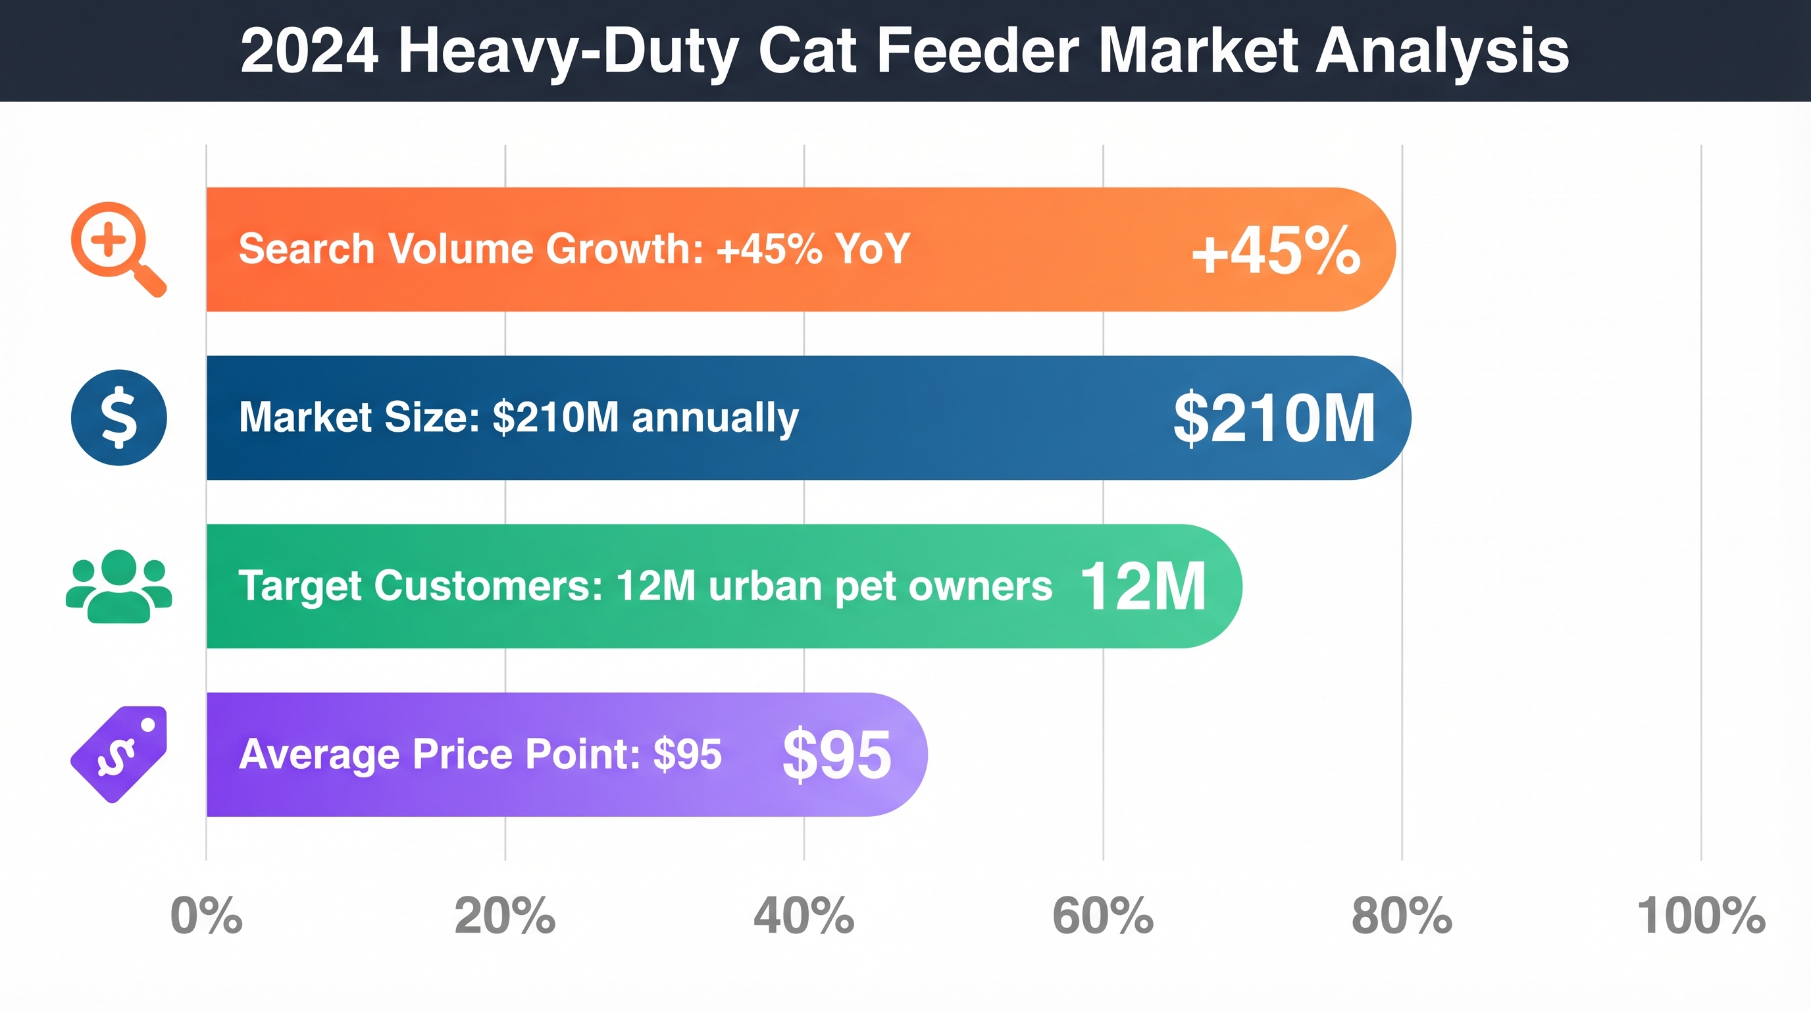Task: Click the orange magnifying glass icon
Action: (116, 247)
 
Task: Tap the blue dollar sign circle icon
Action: (119, 417)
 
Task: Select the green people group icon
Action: (119, 586)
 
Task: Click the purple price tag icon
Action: (120, 754)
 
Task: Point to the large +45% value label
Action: (1276, 251)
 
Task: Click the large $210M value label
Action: (1274, 419)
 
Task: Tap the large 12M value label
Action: (1143, 586)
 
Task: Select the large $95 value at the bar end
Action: (836, 754)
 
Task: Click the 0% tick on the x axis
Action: (206, 916)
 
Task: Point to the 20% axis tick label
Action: (505, 916)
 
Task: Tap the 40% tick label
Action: (803, 916)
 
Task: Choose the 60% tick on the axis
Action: (1102, 916)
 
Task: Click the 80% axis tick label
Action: (1401, 916)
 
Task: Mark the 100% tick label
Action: (1700, 916)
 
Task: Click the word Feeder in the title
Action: (978, 51)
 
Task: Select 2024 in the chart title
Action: (309, 51)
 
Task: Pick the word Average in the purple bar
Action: (320, 754)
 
